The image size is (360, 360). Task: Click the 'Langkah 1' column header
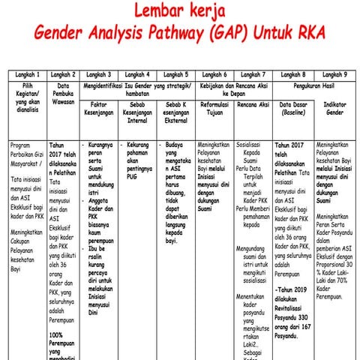click(x=25, y=75)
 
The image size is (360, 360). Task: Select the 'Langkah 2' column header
click(x=63, y=75)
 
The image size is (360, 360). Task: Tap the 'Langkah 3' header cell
click(x=99, y=75)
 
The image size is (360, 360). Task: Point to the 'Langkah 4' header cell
click(x=138, y=75)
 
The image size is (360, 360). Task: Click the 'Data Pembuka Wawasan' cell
click(x=63, y=96)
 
